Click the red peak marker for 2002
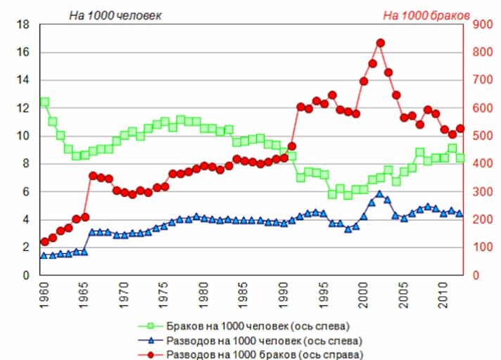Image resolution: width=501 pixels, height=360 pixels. pyautogui.click(x=380, y=43)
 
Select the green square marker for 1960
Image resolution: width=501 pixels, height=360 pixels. pyautogui.click(x=44, y=102)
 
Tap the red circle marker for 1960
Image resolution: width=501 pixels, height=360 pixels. pyautogui.click(x=44, y=242)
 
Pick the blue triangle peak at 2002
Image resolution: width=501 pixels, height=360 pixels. pyautogui.click(x=380, y=194)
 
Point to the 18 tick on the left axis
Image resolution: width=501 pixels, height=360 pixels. pyautogui.click(x=23, y=25)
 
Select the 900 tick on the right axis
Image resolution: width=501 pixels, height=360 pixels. pyautogui.click(x=481, y=25)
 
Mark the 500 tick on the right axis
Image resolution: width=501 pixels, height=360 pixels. pyautogui.click(x=481, y=136)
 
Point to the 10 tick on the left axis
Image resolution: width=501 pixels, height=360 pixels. pyautogui.click(x=23, y=136)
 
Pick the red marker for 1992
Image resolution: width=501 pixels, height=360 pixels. pyautogui.click(x=300, y=107)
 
